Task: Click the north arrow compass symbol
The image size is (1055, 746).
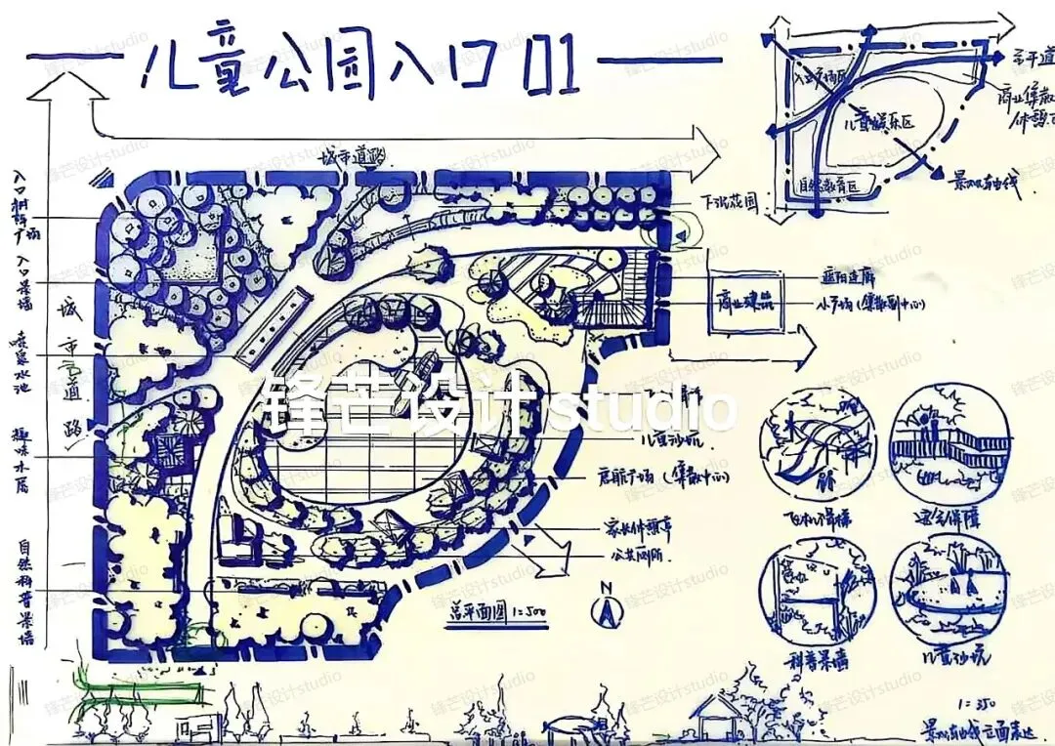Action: point(607,609)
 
